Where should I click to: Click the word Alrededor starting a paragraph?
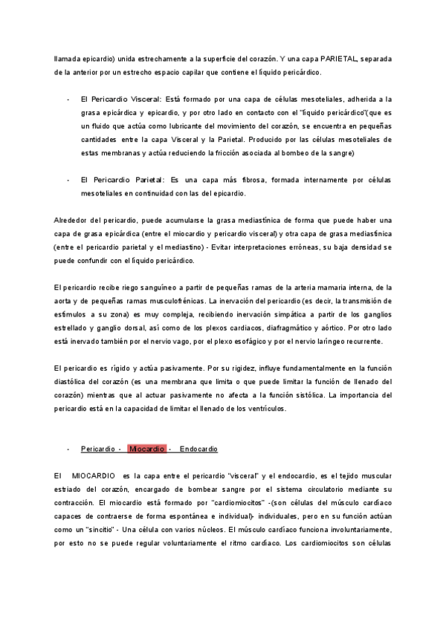pyautogui.click(x=73, y=221)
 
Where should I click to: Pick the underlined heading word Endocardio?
pyautogui.click(x=198, y=449)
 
